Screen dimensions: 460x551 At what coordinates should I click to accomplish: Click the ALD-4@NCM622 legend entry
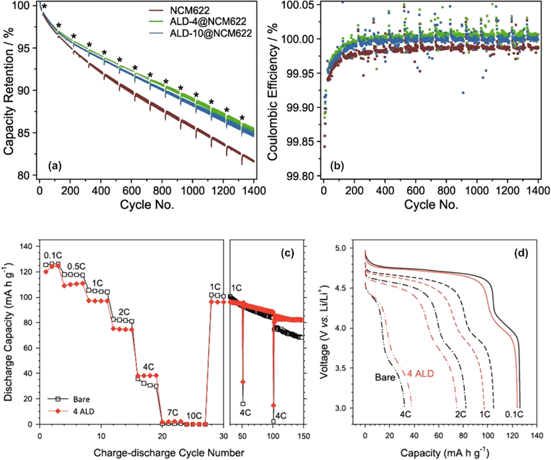pyautogui.click(x=208, y=21)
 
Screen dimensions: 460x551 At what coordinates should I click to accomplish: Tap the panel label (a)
pyautogui.click(x=55, y=166)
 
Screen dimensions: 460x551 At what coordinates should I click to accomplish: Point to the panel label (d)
pyautogui.click(x=521, y=253)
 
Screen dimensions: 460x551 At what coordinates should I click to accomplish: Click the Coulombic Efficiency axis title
pyautogui.click(x=272, y=91)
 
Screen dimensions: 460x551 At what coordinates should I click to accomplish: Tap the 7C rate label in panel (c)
pyautogui.click(x=173, y=413)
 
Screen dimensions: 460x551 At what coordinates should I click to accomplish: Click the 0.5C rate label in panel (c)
pyautogui.click(x=76, y=266)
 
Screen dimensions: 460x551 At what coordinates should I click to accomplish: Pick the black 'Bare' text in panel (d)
pyautogui.click(x=385, y=377)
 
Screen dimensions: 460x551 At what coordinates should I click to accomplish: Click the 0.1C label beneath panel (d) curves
pyautogui.click(x=514, y=414)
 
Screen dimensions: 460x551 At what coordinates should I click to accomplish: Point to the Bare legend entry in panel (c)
pyautogui.click(x=81, y=399)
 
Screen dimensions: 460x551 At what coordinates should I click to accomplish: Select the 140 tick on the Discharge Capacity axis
pyautogui.click(x=26, y=246)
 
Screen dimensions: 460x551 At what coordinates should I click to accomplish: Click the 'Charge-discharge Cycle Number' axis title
pyautogui.click(x=169, y=453)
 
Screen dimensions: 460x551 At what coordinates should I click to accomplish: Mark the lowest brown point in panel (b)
pyautogui.click(x=325, y=146)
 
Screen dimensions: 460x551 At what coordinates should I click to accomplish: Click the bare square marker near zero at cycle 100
pyautogui.click(x=273, y=421)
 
